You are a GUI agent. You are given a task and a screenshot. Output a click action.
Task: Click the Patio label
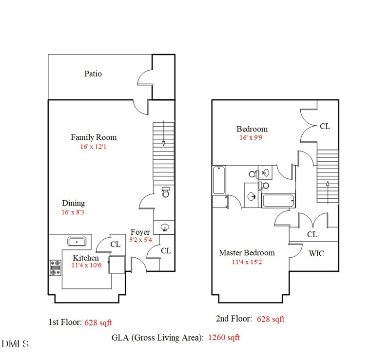(93, 74)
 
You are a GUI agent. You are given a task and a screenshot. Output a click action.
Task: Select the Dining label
(73, 203)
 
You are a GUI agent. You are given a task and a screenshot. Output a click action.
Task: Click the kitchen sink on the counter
(77, 241)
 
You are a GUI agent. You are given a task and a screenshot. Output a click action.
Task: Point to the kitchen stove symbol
(55, 267)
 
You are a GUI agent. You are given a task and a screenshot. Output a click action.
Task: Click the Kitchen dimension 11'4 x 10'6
(86, 265)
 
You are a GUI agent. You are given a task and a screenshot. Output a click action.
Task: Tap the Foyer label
(140, 232)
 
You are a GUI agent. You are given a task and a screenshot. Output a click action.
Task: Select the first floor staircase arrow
(164, 143)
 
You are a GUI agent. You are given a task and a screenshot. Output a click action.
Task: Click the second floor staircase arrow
(328, 184)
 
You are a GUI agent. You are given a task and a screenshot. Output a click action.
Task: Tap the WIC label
(316, 254)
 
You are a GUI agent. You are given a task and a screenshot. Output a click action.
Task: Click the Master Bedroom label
(246, 253)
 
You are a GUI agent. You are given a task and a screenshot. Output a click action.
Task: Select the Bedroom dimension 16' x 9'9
(252, 137)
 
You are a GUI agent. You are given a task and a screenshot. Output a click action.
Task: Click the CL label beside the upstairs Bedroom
(325, 126)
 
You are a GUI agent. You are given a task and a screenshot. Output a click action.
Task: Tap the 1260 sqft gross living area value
(224, 337)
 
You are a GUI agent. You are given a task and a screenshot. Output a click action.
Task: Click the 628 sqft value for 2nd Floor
(271, 319)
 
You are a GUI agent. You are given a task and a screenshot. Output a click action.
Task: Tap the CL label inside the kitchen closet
(115, 245)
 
